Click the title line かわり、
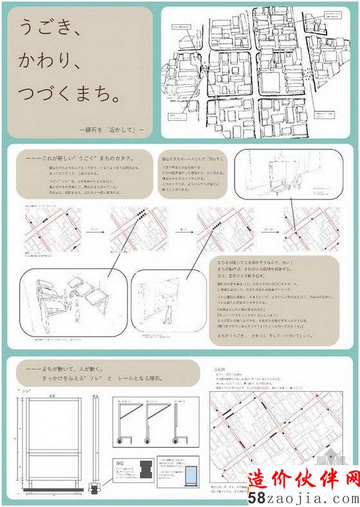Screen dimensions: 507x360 tap(49, 62)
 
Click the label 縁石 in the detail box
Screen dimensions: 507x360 tap(120, 461)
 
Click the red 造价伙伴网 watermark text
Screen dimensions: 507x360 tap(303, 480)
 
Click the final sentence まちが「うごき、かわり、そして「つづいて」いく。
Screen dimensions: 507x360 tap(257, 335)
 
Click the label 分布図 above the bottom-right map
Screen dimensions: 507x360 tap(219, 371)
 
